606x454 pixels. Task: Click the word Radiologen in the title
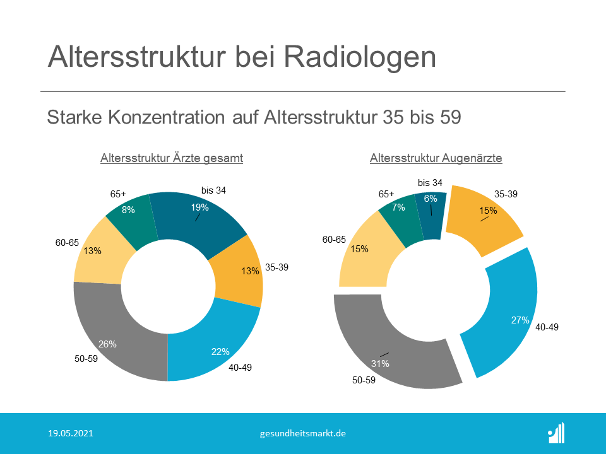coord(360,57)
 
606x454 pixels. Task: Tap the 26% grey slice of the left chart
coord(116,340)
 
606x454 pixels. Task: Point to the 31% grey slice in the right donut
coord(386,355)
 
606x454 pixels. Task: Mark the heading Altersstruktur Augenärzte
coord(436,158)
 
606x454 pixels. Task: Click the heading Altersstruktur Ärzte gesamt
coord(172,158)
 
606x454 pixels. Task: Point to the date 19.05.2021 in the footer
coord(71,433)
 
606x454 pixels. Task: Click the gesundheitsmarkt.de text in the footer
coord(302,434)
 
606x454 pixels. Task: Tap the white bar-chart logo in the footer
coord(556,433)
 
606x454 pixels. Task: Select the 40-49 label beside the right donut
coord(547,327)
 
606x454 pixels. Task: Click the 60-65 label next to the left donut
coord(67,243)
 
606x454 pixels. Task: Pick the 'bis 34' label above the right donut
coord(430,183)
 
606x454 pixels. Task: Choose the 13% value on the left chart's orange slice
coord(250,271)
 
